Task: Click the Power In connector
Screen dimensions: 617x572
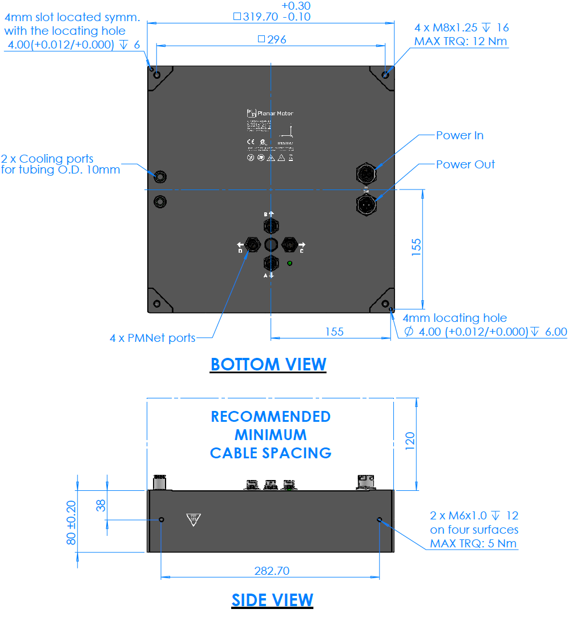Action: tap(366, 172)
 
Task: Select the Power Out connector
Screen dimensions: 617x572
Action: tap(366, 203)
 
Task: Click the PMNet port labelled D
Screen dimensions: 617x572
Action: tap(252, 245)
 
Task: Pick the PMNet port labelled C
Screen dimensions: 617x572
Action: tap(290, 245)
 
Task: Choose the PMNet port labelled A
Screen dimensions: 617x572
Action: tap(271, 264)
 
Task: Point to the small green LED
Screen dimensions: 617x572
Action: tap(290, 263)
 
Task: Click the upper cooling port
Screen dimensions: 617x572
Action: tap(160, 176)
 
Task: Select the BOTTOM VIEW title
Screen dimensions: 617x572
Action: tap(268, 364)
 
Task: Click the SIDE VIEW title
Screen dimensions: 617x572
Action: tap(272, 600)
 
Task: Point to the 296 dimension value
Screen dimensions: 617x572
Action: tap(272, 39)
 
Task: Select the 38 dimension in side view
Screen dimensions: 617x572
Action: tap(101, 505)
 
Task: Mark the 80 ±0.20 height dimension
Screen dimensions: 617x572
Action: tap(71, 522)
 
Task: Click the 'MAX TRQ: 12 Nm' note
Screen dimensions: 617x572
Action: tap(460, 41)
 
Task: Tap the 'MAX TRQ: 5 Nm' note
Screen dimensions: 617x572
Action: tap(474, 543)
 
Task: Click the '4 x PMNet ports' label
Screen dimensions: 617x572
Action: tap(152, 338)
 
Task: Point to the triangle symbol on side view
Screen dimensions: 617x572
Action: tap(194, 519)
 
